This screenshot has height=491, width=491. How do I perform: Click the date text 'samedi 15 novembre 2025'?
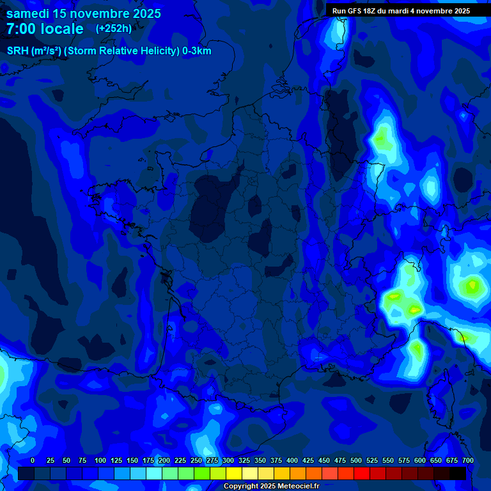coord(84,13)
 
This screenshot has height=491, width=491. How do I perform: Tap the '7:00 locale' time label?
coord(45,29)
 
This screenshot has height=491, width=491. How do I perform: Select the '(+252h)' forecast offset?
coord(114,29)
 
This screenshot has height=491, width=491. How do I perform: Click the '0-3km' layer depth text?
coord(197,51)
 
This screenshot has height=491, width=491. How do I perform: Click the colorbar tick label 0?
coord(33,460)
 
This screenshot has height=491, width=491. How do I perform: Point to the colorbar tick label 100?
coord(100,460)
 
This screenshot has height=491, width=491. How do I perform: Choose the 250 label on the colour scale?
coord(196,460)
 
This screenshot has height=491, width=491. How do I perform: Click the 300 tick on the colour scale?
coord(228,460)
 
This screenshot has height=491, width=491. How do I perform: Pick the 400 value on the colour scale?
coord(292,460)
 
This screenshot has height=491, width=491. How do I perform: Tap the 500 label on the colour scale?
coord(356,460)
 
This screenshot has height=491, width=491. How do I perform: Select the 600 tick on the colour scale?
coord(420,460)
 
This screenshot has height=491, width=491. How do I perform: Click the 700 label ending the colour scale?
coord(467,460)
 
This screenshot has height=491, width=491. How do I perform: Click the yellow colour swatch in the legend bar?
coord(234,474)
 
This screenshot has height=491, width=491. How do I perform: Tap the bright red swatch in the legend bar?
coord(362,474)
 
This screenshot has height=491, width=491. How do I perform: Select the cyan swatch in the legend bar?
coord(154,474)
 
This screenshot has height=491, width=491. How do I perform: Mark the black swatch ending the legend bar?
coord(458,474)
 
